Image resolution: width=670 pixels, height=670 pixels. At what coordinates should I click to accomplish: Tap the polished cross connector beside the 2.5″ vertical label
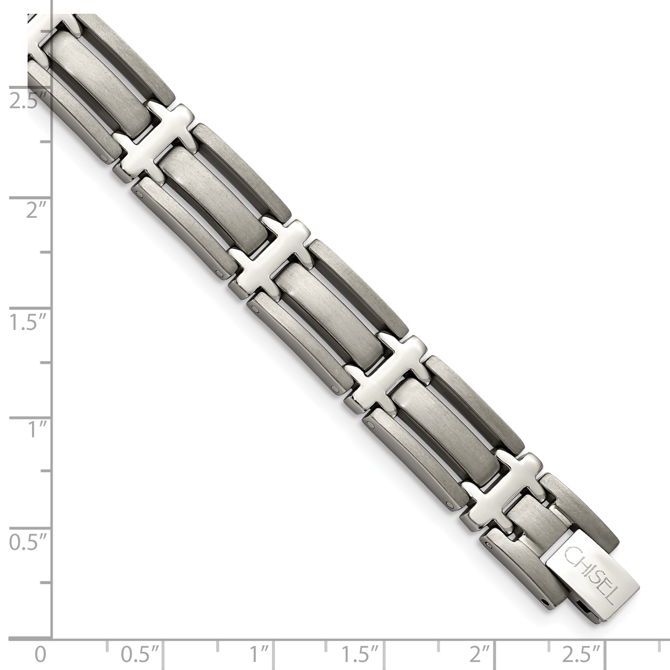pyautogui.click(x=153, y=139)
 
